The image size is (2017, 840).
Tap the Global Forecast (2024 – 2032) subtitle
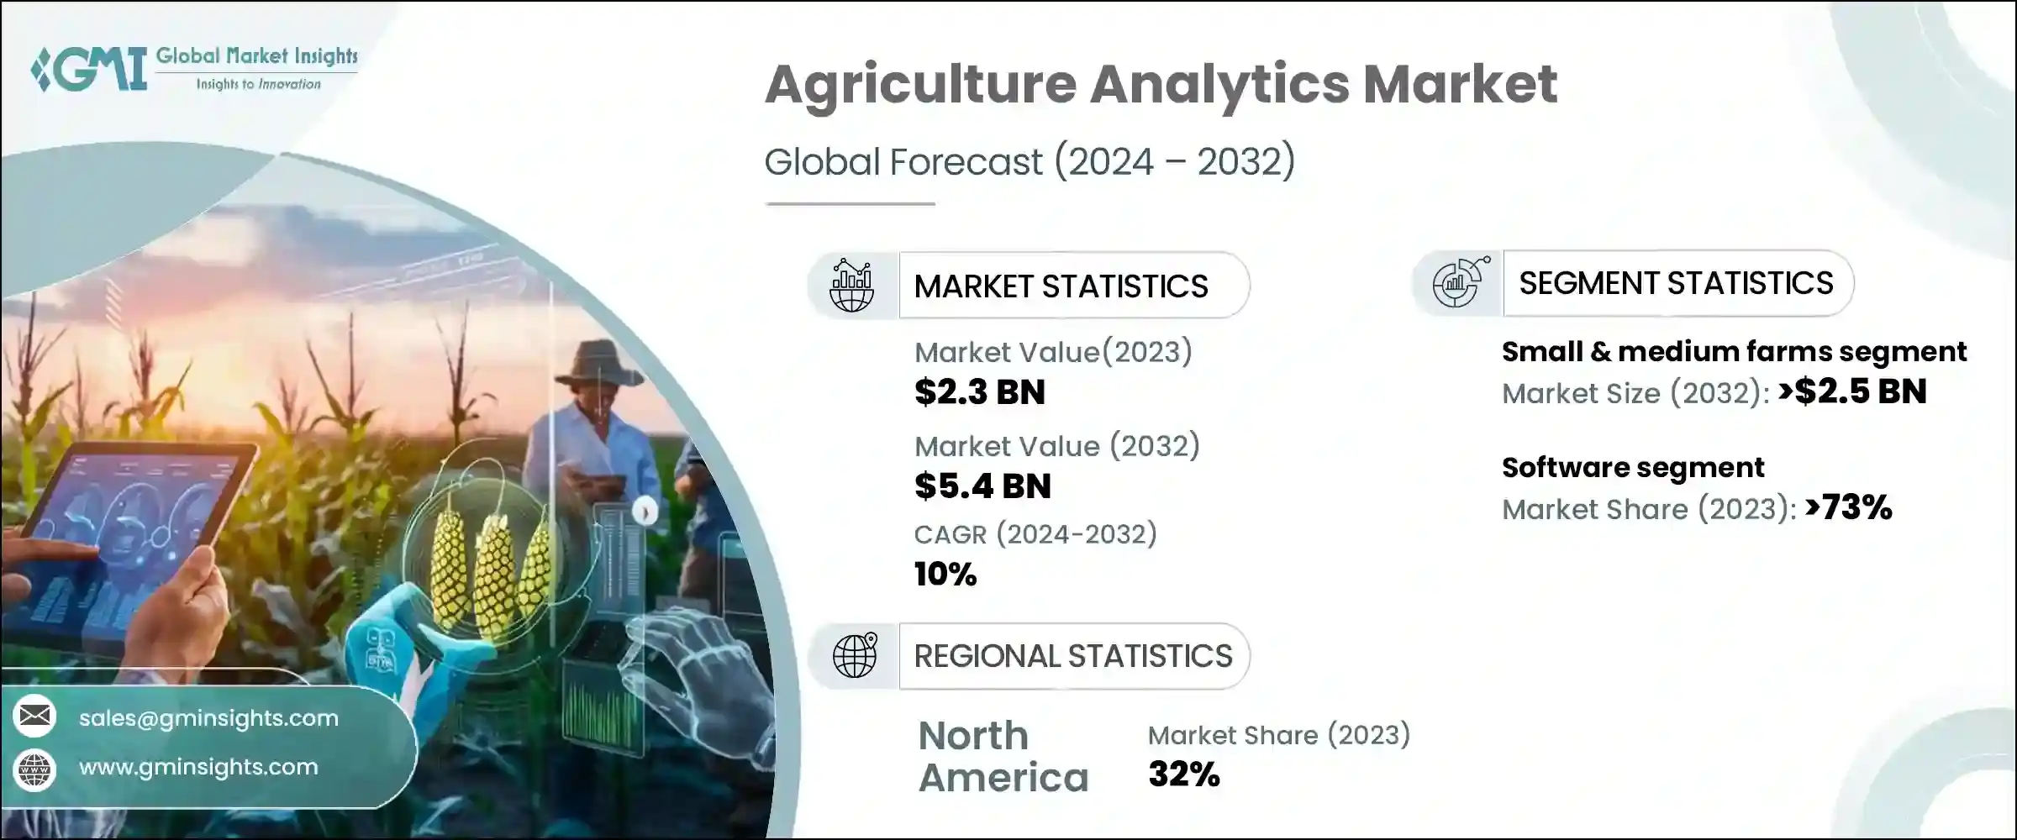1029,161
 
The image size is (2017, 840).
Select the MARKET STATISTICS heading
1061,286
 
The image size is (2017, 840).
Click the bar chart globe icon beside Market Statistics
851,286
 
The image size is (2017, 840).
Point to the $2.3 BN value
979,392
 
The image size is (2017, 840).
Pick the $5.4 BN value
982,486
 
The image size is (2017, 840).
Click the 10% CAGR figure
945,575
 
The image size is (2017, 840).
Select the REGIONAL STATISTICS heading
1072,656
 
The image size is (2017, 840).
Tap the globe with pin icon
854,656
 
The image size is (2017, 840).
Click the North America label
1002,757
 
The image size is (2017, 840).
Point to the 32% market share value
1183,774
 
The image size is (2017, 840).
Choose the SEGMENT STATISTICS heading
1675,283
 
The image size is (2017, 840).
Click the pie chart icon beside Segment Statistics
1459,284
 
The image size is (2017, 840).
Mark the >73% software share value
1846,507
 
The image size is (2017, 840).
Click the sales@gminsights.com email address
208,718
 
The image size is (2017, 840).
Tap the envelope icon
34,716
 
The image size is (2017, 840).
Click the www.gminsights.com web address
198,767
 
